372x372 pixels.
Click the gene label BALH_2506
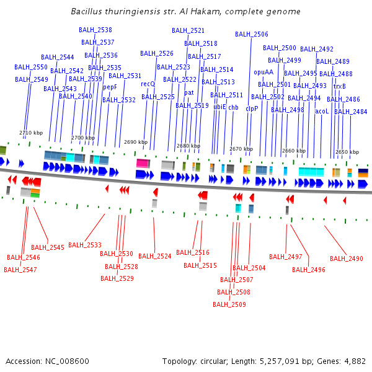252,34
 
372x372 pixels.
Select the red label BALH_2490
347,259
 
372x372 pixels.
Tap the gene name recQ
148,84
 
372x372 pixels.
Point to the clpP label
252,108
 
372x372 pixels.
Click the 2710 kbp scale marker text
31,133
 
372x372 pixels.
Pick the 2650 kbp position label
347,152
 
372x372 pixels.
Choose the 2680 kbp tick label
188,146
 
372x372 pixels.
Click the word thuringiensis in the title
128,11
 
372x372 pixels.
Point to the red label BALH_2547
20,270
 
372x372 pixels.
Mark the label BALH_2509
229,304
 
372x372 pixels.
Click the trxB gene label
340,86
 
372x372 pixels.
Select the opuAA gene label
263,72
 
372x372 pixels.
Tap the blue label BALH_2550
31,67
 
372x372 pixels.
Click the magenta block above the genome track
143,162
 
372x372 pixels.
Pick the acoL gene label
322,111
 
